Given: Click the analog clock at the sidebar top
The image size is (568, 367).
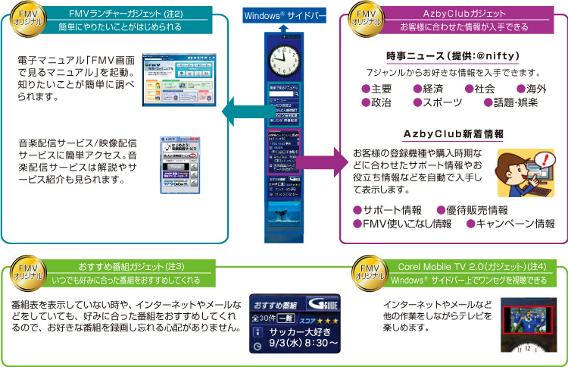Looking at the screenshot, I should pyautogui.click(x=285, y=55).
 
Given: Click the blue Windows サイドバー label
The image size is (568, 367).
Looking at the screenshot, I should pyautogui.click(x=285, y=15).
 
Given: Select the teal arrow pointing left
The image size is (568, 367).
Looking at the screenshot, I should pyautogui.click(x=242, y=111).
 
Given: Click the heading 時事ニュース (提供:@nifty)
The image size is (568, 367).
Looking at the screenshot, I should pyautogui.click(x=452, y=57).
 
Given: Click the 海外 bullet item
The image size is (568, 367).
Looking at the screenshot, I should pyautogui.click(x=532, y=89).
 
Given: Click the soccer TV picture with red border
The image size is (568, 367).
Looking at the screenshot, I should pyautogui.click(x=528, y=319).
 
